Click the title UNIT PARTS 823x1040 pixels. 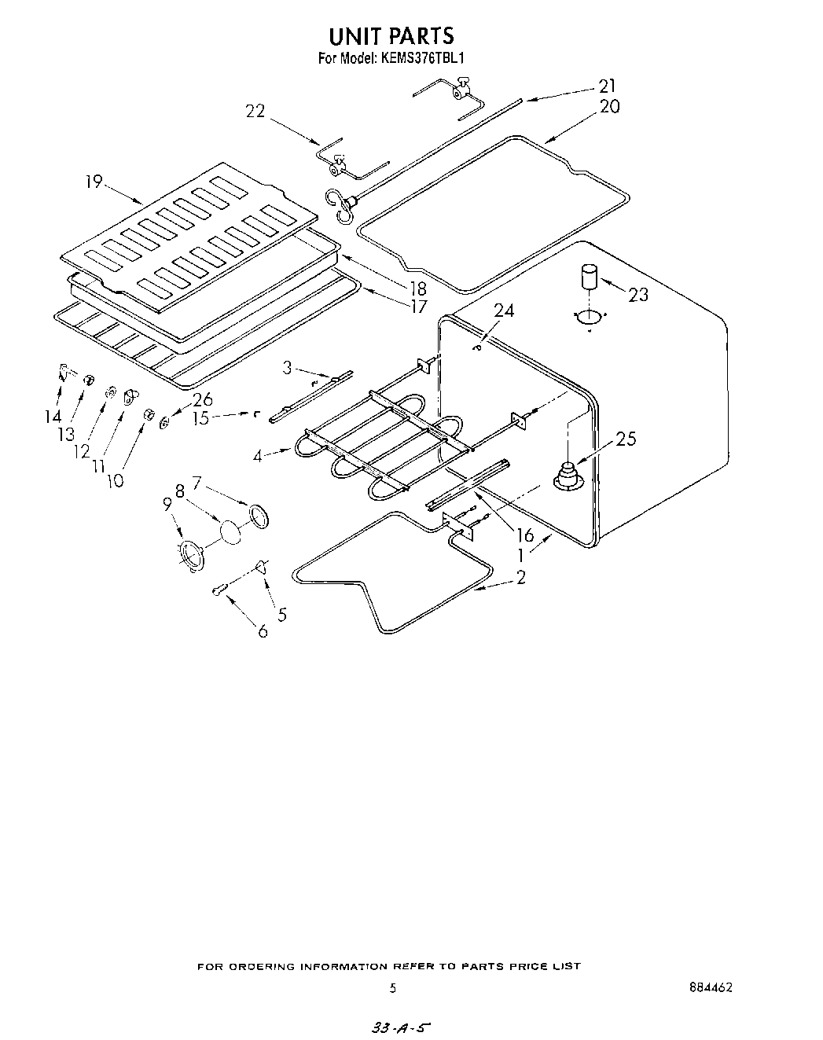[x=391, y=36]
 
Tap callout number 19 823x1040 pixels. [x=94, y=182]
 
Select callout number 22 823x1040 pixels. [x=255, y=112]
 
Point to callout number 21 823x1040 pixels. [x=607, y=86]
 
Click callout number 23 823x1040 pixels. [x=638, y=295]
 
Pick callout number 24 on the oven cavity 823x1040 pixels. [x=504, y=311]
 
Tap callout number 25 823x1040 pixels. [x=626, y=439]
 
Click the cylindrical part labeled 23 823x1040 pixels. [x=589, y=277]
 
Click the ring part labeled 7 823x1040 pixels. [x=258, y=515]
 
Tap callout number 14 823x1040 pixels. [x=53, y=417]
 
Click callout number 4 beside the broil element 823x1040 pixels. [x=259, y=455]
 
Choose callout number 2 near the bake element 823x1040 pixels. [x=520, y=577]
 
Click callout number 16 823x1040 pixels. [x=524, y=536]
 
